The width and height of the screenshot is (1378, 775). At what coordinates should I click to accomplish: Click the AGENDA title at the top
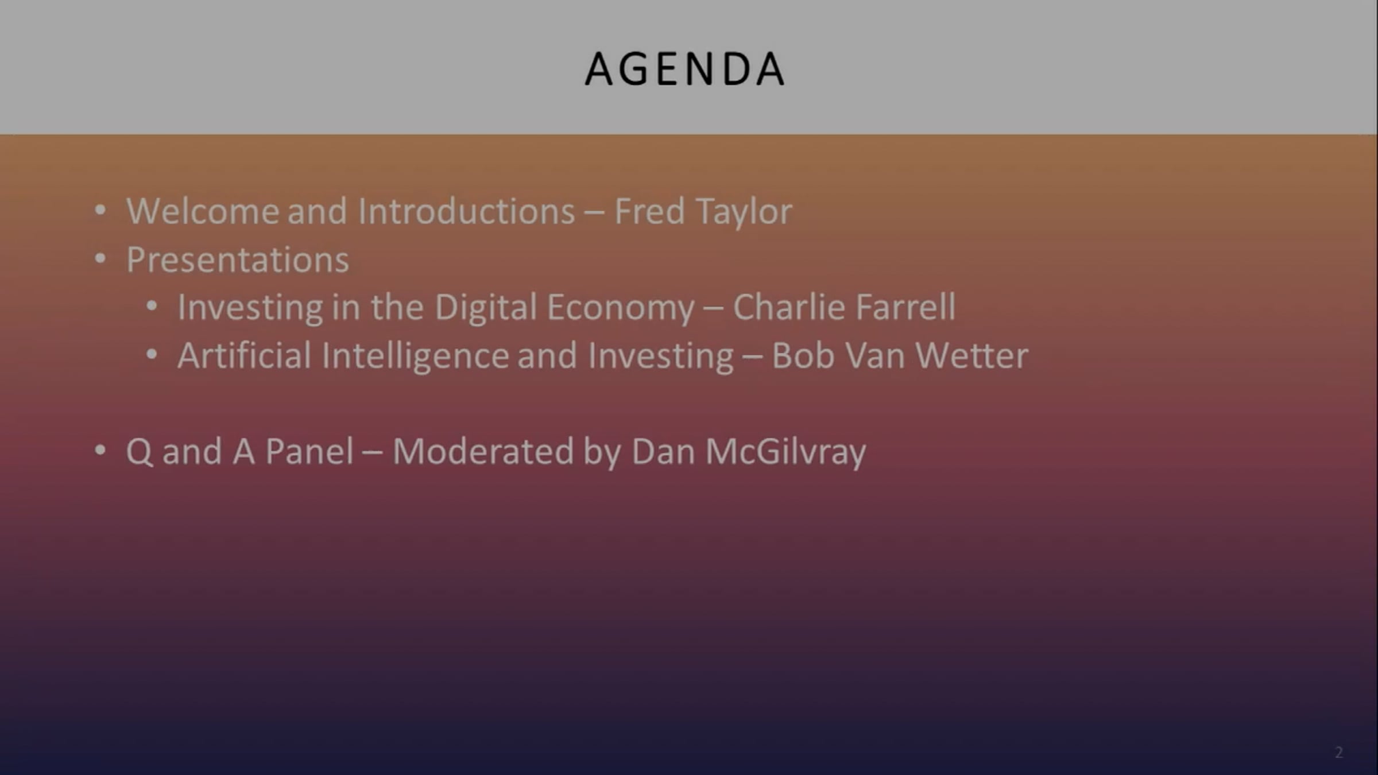coord(684,69)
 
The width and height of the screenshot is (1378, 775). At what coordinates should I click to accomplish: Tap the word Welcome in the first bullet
coord(203,211)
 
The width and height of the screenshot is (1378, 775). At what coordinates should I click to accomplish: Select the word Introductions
coord(466,211)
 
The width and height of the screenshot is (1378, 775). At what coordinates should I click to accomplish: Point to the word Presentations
coord(238,260)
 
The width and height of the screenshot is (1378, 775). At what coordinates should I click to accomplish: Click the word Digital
coord(486,308)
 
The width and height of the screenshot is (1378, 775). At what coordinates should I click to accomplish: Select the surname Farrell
coord(905,307)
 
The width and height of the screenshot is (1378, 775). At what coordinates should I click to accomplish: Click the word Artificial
coord(245,355)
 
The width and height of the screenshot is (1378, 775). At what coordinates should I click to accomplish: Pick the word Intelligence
coord(415,356)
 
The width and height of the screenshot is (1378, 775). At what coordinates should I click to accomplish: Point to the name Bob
coord(803,355)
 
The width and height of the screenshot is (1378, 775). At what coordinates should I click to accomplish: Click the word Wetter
coord(971,356)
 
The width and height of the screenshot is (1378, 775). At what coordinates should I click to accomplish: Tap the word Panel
coord(309,451)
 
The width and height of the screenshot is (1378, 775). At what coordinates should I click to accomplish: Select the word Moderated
coord(483,451)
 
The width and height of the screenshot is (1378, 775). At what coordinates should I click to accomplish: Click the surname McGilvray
coord(785,452)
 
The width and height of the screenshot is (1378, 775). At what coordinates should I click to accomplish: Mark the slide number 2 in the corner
coord(1339,752)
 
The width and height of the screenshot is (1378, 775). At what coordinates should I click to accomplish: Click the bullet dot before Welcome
coord(100,211)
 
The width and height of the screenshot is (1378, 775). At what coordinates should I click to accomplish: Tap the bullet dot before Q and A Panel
coord(100,451)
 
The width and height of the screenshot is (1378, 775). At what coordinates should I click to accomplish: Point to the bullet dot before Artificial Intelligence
coord(152,355)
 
